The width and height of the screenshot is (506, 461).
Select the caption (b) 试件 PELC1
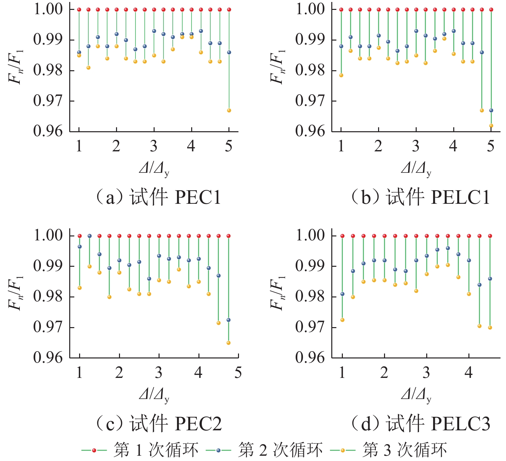pos(420,198)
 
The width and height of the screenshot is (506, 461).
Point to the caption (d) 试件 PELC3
pos(420,424)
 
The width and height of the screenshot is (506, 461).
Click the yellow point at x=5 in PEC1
pos(229,110)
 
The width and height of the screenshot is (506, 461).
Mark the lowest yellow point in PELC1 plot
pos(491,126)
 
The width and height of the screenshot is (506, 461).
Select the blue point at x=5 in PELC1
pos(491,110)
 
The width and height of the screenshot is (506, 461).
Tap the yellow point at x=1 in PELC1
pos(341,76)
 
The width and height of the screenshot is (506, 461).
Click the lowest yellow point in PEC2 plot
pos(228,343)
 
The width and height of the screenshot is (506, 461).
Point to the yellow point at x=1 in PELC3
pos(342,320)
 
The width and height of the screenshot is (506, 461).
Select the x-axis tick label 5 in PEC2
pos(238,373)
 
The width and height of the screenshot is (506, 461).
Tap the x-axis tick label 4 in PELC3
pos(469,373)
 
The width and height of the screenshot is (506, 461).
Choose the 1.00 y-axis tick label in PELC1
pos(310,9)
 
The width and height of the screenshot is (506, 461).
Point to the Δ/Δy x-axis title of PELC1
pos(416,169)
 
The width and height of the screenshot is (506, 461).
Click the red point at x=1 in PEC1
pos(79,10)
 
